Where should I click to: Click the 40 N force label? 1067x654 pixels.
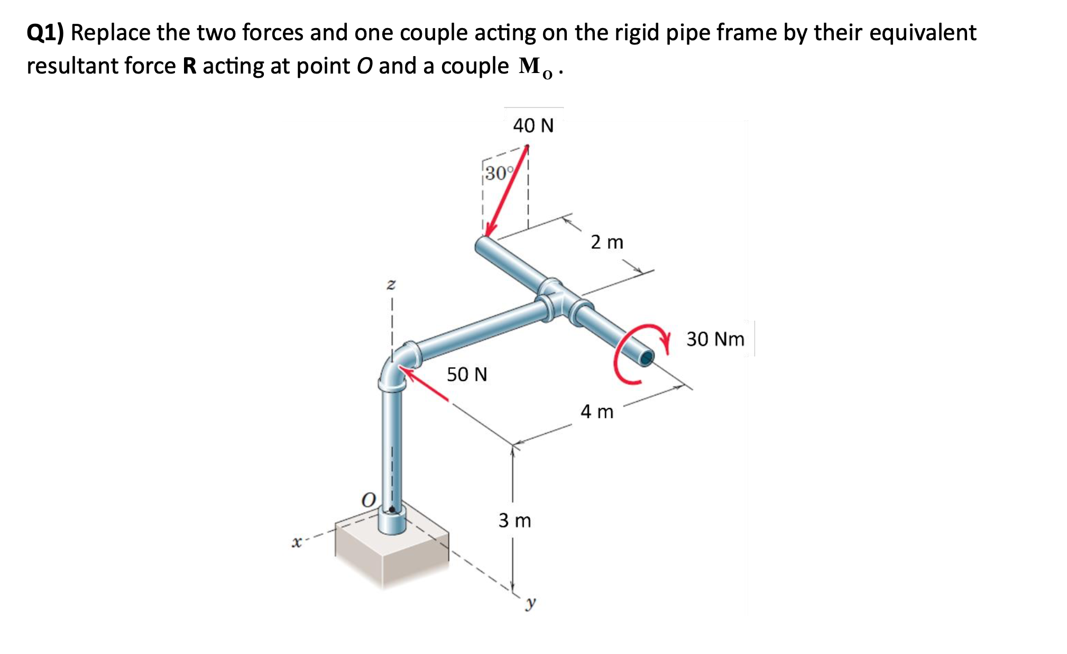(x=533, y=126)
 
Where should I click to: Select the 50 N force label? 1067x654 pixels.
(x=467, y=375)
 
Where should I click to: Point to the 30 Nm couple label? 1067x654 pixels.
(x=715, y=339)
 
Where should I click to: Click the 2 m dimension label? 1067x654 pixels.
(x=607, y=242)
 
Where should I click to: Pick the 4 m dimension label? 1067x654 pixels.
(x=597, y=412)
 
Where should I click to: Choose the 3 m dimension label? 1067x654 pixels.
(x=514, y=521)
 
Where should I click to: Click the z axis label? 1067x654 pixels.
(x=391, y=285)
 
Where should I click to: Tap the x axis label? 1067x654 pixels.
(x=297, y=542)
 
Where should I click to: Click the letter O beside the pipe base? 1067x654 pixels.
(x=368, y=499)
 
